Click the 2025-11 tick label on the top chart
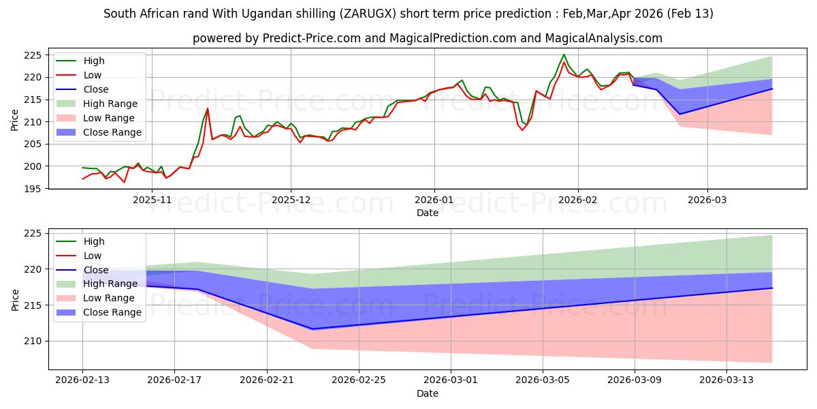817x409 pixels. click(x=152, y=200)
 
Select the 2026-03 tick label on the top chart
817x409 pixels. click(x=707, y=200)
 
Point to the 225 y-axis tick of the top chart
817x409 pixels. click(x=32, y=55)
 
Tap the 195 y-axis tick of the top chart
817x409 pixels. click(x=32, y=189)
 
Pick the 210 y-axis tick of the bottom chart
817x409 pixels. click(x=32, y=341)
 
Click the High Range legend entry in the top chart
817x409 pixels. click(x=110, y=104)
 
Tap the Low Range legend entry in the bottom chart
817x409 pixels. click(x=108, y=298)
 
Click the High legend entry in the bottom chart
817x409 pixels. click(x=93, y=241)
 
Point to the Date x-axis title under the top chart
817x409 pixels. click(x=428, y=213)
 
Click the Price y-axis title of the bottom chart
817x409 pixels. click(x=15, y=299)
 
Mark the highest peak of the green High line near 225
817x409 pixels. click(x=564, y=55)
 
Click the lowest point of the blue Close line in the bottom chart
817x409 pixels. click(x=313, y=329)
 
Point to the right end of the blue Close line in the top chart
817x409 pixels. click(x=772, y=89)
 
